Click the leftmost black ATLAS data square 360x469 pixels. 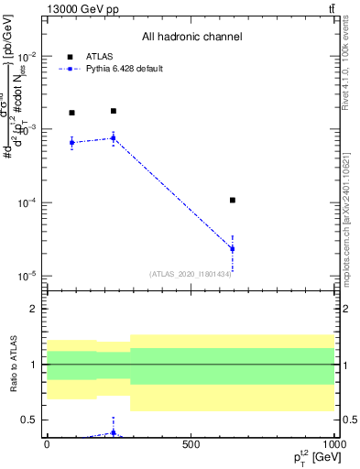click(x=71, y=113)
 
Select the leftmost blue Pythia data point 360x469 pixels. click(x=71, y=142)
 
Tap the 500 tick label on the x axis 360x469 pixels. click(x=191, y=444)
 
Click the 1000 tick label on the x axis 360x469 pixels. click(x=331, y=444)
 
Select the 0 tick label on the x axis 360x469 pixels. click(x=47, y=444)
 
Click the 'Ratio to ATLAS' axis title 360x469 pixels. click(x=12, y=364)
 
